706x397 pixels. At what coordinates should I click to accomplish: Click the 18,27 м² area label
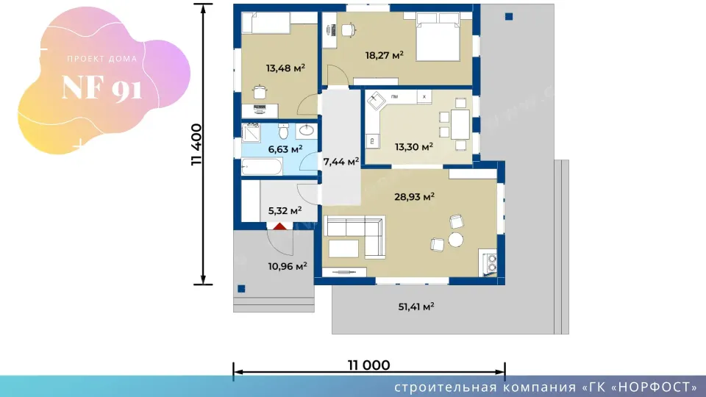coord(384,55)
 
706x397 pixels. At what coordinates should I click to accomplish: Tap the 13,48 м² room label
coord(285,68)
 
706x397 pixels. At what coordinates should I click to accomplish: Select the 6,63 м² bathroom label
coord(285,149)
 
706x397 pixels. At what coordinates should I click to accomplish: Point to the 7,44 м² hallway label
coord(340,162)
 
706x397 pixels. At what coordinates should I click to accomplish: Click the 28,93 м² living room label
coord(414,197)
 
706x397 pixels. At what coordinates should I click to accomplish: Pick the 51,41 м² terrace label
coord(416,307)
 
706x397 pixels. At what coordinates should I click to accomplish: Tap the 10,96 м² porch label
coord(288,266)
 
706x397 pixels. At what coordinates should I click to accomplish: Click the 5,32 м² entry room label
coord(285,211)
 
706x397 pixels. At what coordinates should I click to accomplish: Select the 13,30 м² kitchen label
coord(414,147)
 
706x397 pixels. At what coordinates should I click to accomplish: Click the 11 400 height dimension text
coord(196,145)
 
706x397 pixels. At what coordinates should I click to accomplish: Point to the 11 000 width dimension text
coord(368,365)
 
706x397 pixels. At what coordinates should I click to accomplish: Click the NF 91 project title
coord(101,87)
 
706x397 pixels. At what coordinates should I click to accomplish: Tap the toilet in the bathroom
coord(283,131)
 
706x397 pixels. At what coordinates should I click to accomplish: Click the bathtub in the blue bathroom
coord(262,167)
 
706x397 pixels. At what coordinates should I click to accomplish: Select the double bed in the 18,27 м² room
coord(438,37)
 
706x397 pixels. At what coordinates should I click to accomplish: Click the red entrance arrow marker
coord(279,226)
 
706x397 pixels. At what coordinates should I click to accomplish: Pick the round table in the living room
coord(456,240)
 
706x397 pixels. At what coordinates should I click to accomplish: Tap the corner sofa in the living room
coord(356,237)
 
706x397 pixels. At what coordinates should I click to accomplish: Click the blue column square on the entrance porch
coord(241,289)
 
